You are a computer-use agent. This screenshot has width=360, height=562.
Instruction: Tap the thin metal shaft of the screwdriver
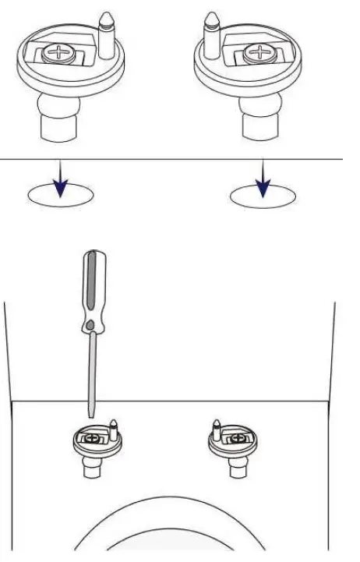pyautogui.click(x=93, y=374)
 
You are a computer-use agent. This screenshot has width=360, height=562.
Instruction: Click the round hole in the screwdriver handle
pyautogui.click(x=92, y=322)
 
